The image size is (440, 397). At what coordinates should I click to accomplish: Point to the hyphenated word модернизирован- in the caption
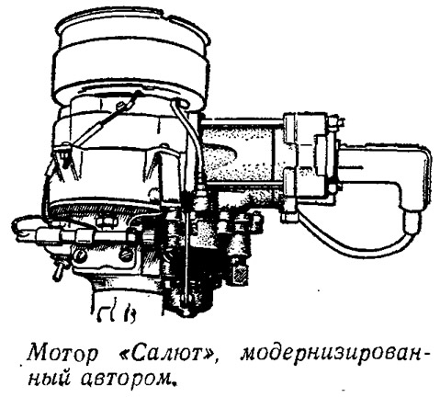pyautogui.click(x=333, y=355)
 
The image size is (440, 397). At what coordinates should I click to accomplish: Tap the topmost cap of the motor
pyautogui.click(x=134, y=29)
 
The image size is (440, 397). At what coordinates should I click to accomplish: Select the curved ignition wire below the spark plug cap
pyautogui.click(x=352, y=245)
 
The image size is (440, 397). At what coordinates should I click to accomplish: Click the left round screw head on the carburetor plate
pyautogui.click(x=80, y=254)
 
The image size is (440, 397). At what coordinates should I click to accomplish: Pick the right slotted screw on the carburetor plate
pyautogui.click(x=125, y=255)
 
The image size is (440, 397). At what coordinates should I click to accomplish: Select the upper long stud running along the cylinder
pyautogui.click(x=242, y=123)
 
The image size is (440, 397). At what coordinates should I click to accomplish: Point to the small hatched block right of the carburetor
pyautogui.click(x=240, y=273)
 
